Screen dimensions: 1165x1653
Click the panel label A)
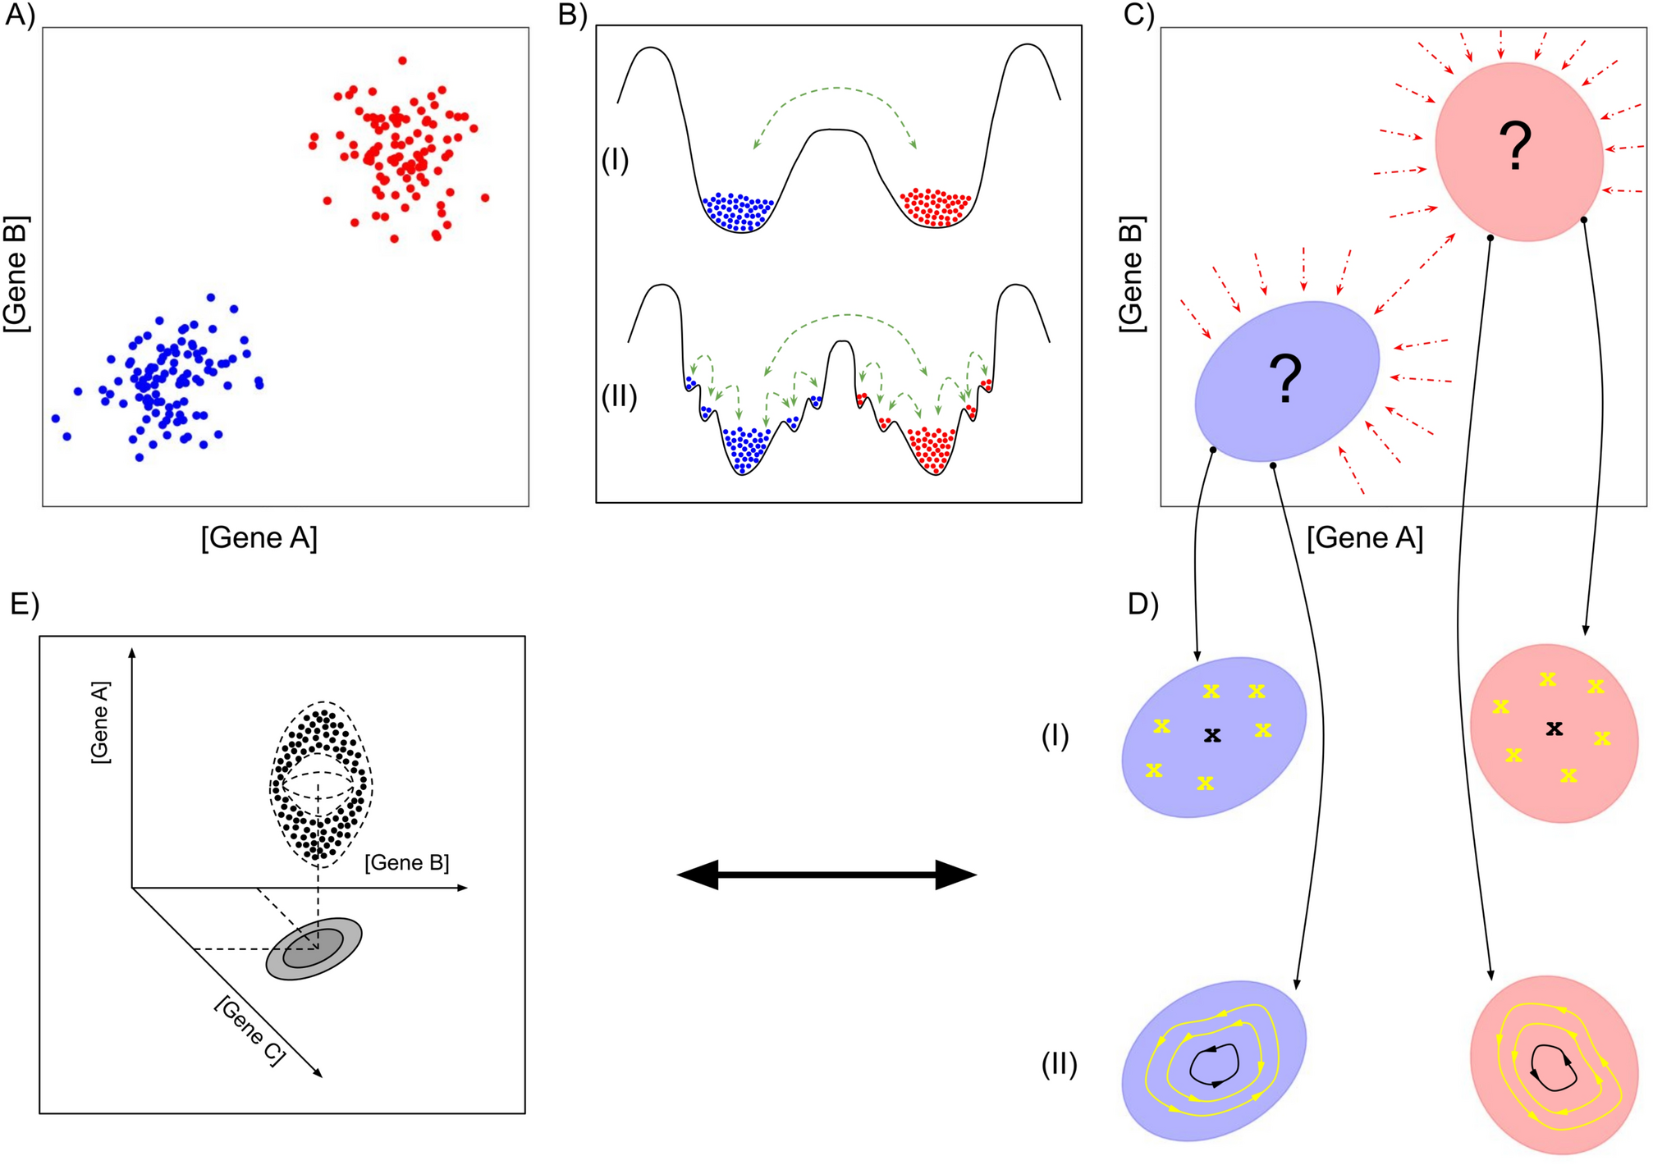(20, 16)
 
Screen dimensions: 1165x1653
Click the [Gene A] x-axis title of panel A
(259, 538)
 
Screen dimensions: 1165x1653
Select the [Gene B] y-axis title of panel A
(16, 274)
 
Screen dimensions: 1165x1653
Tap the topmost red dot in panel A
(402, 61)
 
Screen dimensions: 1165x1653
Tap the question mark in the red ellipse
(1515, 147)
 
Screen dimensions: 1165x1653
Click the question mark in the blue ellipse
(1285, 379)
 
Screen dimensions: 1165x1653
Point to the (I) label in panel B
(615, 159)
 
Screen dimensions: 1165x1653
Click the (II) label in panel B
(619, 397)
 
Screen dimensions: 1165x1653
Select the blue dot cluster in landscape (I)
(738, 211)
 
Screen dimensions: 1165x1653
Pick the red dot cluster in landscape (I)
(936, 206)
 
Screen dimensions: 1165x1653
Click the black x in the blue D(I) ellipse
(1212, 735)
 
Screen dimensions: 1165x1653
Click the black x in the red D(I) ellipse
(1554, 728)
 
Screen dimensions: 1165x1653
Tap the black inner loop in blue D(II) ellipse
(1214, 1066)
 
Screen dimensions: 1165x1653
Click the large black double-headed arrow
(826, 875)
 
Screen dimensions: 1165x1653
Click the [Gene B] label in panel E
(407, 863)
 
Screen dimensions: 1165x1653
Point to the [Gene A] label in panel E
(100, 722)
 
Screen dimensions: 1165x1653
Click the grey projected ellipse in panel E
(314, 948)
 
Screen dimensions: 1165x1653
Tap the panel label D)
(1142, 604)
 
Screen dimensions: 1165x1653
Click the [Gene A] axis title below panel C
(1364, 538)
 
